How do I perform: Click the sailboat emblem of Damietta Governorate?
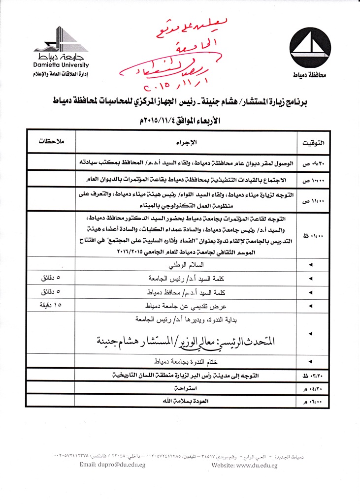(310, 46)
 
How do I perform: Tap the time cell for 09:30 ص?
(310, 162)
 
